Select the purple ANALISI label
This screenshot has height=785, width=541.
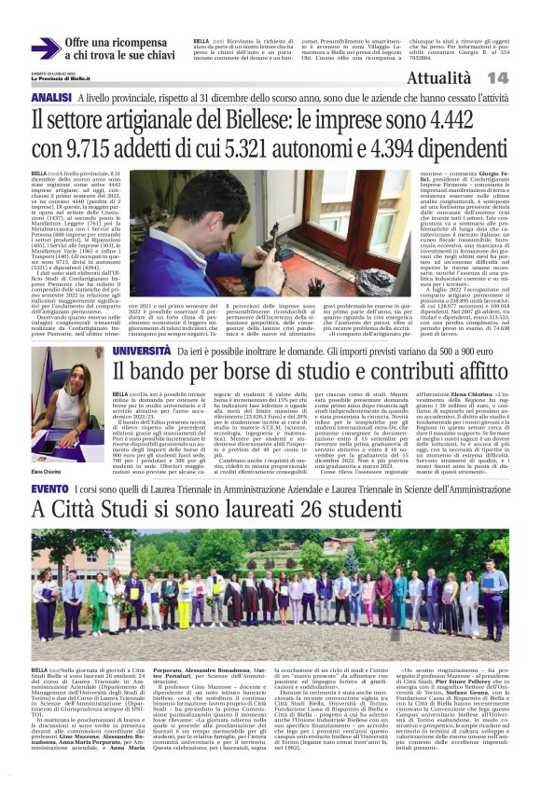coord(51,98)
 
